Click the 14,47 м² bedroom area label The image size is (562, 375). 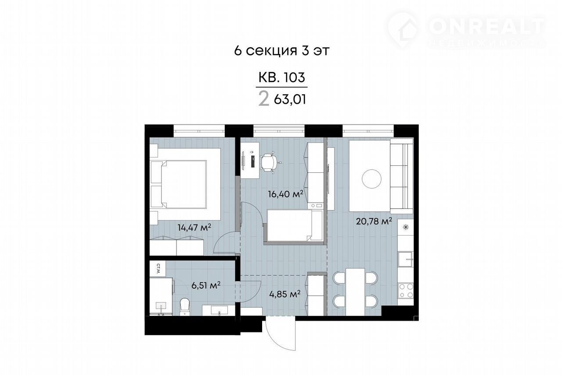point(194,228)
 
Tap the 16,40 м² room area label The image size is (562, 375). point(285,194)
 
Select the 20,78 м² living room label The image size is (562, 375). point(374,221)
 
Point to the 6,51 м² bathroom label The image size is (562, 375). point(206,285)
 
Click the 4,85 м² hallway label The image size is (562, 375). point(285,294)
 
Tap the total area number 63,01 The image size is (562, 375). point(290,100)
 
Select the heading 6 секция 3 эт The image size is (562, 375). point(281,51)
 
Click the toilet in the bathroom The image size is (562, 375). point(184,307)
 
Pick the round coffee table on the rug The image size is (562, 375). point(371,179)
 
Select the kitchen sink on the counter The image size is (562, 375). point(405,259)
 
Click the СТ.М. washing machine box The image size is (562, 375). point(158,269)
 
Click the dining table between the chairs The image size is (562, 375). point(355,292)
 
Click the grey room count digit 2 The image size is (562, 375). point(264,99)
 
